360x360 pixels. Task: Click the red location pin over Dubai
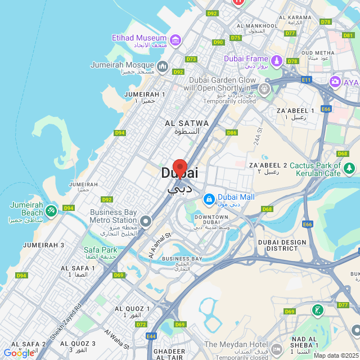(x=179, y=168)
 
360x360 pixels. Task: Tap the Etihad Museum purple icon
(x=175, y=40)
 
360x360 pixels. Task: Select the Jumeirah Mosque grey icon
(x=163, y=67)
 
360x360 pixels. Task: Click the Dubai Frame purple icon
(x=276, y=60)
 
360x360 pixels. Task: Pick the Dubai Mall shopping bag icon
(x=209, y=199)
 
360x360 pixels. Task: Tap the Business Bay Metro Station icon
(x=146, y=221)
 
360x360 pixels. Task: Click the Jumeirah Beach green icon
(x=51, y=210)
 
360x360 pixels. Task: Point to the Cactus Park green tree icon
(x=349, y=168)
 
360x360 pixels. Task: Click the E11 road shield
(x=306, y=80)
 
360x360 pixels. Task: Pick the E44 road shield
(x=151, y=336)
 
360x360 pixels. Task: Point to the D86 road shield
(x=232, y=133)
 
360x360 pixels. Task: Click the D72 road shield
(x=141, y=325)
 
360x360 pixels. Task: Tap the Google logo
(x=19, y=353)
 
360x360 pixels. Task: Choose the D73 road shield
(x=191, y=59)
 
